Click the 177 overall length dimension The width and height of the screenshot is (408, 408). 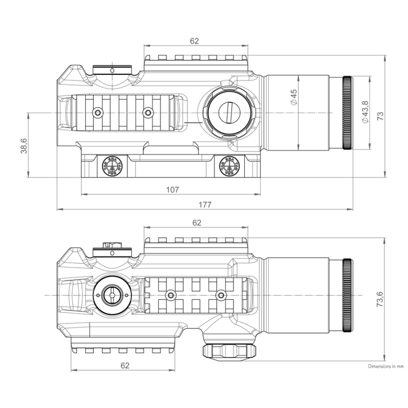click(x=206, y=205)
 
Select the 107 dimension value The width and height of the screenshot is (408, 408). click(x=172, y=190)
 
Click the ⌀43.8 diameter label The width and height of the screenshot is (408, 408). click(x=364, y=112)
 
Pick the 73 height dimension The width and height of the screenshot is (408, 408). click(x=379, y=116)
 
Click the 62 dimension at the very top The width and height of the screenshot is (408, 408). click(x=194, y=40)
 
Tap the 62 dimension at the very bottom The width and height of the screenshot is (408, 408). click(x=125, y=365)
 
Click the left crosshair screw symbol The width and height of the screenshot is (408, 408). click(x=111, y=166)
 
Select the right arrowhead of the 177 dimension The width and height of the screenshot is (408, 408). click(x=351, y=209)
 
